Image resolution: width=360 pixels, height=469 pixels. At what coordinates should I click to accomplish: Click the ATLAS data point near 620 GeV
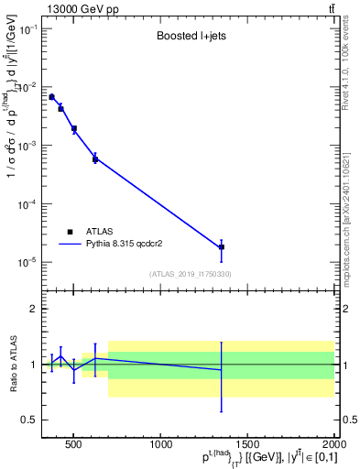coord(95,159)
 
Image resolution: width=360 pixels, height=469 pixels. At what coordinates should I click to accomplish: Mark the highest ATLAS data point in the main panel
coord(52,97)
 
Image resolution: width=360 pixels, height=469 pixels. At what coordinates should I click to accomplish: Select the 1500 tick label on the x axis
coord(249,446)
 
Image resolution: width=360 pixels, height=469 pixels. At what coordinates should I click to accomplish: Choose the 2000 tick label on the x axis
coord(332,446)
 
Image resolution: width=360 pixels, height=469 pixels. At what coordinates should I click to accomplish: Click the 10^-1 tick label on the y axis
coord(29,29)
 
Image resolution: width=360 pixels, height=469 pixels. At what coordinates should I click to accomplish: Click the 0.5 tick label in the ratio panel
coord(31,420)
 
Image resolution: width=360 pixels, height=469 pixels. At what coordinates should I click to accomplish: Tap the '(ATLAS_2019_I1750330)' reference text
coord(190,274)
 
